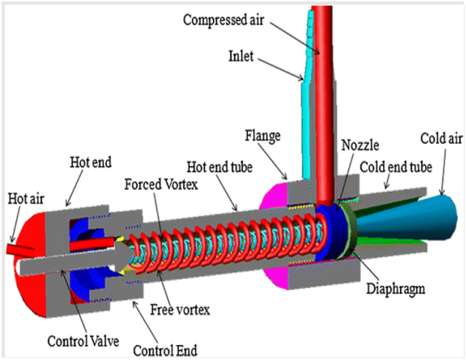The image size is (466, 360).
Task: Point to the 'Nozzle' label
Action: pyautogui.click(x=361, y=146)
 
